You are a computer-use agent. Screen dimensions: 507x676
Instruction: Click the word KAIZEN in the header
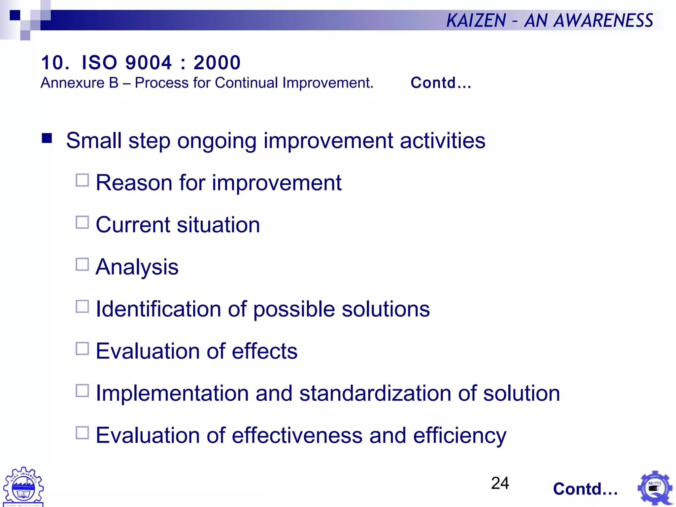476,20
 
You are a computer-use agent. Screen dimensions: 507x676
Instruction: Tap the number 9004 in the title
149,62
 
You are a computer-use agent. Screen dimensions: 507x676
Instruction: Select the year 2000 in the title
217,62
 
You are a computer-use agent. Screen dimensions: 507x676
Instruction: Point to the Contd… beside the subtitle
441,83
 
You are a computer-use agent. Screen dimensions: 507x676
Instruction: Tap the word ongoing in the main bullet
217,141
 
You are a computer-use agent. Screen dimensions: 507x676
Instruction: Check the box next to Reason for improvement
82,181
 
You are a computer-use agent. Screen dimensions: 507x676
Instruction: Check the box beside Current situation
82,222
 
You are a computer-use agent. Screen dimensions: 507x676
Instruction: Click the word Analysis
137,267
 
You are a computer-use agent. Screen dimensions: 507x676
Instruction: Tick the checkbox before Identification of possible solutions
82,306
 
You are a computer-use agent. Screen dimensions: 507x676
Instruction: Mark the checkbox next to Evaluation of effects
82,349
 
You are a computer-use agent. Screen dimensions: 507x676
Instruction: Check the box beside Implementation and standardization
82,391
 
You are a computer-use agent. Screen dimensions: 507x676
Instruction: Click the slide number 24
500,483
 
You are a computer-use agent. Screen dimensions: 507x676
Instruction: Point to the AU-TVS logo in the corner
655,488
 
